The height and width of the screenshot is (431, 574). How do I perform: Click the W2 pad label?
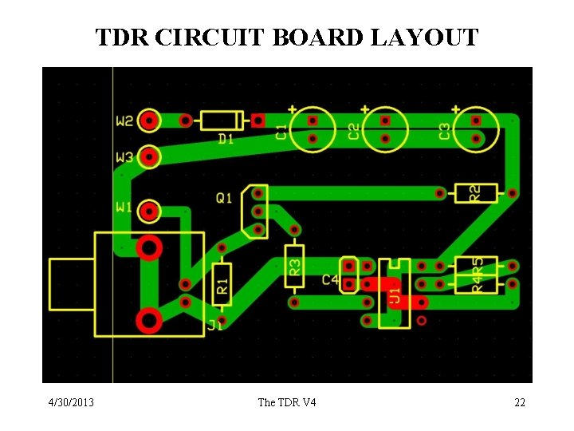[x=125, y=121]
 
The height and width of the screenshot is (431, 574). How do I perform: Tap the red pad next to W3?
[x=149, y=156]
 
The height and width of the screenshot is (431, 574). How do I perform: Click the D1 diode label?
[x=226, y=139]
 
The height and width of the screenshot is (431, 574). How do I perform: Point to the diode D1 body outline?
[x=222, y=121]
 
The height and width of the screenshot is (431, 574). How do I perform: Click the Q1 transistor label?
[x=224, y=197]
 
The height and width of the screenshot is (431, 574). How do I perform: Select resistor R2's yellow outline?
[x=475, y=192]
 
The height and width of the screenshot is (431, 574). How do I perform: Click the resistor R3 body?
[x=294, y=263]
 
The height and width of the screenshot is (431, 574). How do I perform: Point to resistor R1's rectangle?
[x=222, y=283]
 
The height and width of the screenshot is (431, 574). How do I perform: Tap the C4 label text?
[x=330, y=280]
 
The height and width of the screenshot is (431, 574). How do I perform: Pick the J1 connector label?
[x=215, y=325]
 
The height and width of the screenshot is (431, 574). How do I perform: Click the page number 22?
[x=520, y=402]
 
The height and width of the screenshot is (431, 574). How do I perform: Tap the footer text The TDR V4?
[x=287, y=402]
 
